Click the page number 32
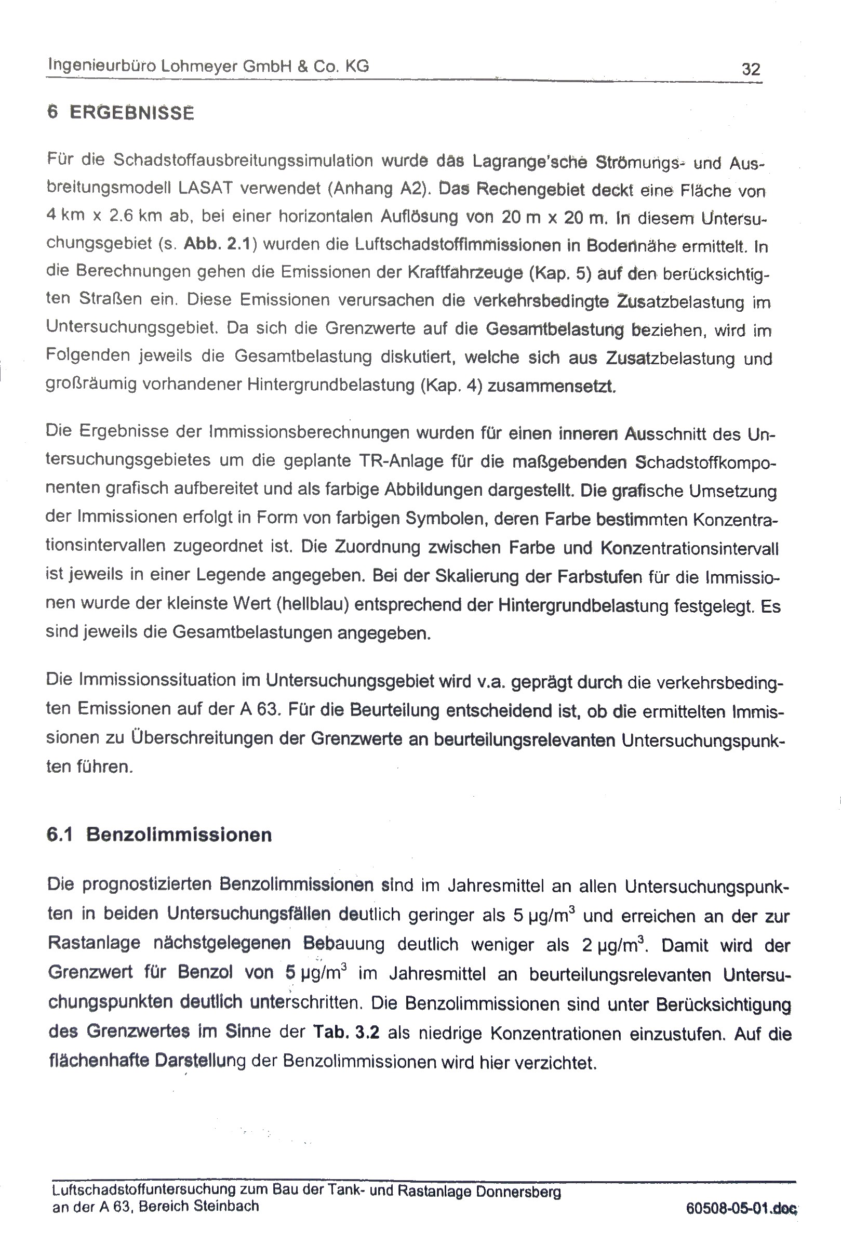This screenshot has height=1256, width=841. (751, 69)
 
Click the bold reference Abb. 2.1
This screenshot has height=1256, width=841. (217, 244)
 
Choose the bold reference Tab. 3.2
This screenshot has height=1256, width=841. (346, 1033)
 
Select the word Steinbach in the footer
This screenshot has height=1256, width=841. (226, 1207)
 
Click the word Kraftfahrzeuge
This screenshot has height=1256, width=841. (465, 272)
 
